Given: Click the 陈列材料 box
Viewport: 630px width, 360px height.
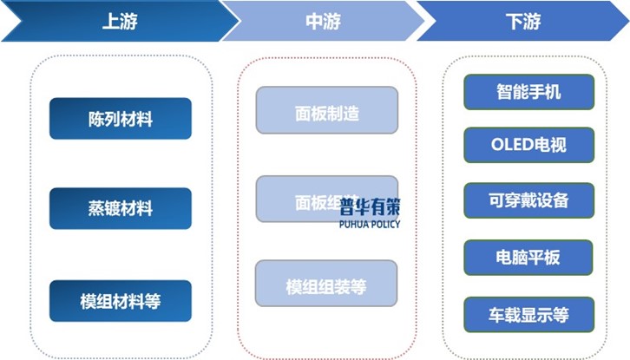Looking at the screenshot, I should point(121,118).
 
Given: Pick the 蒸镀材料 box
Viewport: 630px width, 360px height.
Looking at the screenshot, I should point(121,209).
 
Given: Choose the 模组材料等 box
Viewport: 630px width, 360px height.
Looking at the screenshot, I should point(121,301).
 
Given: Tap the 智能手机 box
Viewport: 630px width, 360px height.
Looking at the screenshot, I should point(528,91).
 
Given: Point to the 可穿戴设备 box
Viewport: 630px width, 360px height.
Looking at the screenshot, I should point(528,200).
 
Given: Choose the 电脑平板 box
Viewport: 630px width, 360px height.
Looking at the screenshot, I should point(528,257).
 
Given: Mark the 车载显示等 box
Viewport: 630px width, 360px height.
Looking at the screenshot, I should point(528,313).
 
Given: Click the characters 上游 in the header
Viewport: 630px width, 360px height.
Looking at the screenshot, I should point(121,22).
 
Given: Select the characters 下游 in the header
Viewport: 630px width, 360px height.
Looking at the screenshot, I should point(522,22).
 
